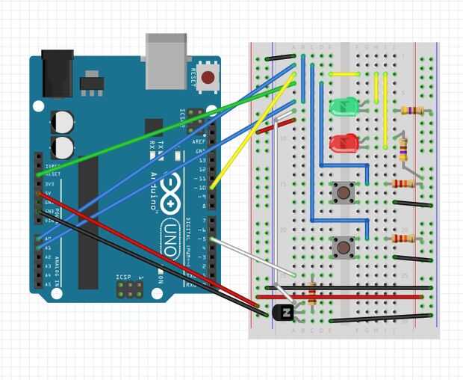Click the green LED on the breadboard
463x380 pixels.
344,107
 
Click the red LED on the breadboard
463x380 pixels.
344,141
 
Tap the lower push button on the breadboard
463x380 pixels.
344,245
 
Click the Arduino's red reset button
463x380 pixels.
208,76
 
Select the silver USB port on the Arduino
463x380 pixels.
167,61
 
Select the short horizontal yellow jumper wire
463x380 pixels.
346,75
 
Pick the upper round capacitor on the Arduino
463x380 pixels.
63,120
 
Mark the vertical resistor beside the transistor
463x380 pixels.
311,292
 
